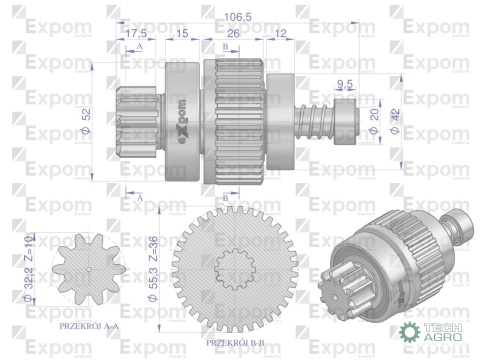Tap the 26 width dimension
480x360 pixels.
point(233,34)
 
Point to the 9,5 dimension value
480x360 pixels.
point(346,84)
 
